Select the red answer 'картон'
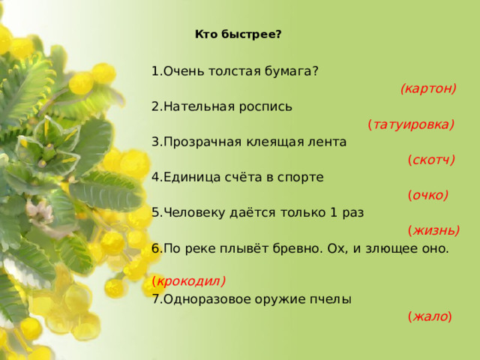(x=428, y=88)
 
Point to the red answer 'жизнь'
(x=433, y=230)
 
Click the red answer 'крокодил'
(x=189, y=282)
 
